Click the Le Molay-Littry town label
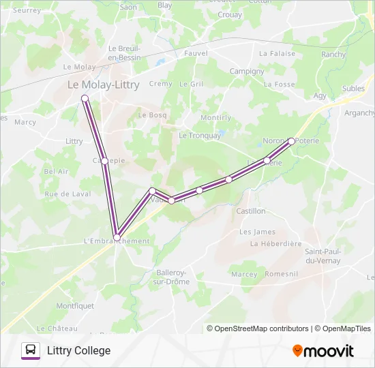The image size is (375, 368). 103,85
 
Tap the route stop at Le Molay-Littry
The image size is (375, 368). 85,99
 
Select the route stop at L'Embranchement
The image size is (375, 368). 117,237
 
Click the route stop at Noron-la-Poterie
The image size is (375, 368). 291,141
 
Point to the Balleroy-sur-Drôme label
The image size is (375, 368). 171,277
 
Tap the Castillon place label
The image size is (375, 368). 250,211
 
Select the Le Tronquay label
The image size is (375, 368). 200,135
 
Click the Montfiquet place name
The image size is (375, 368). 75,306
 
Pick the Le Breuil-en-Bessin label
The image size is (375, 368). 123,53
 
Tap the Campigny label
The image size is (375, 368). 247,71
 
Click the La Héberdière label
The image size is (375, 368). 275,243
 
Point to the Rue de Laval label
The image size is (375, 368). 67,194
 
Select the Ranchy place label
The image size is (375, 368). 333,55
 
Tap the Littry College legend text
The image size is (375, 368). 78,350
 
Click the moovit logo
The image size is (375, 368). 323,351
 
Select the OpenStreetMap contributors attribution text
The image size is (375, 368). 257,328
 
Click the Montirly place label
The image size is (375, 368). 215,118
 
